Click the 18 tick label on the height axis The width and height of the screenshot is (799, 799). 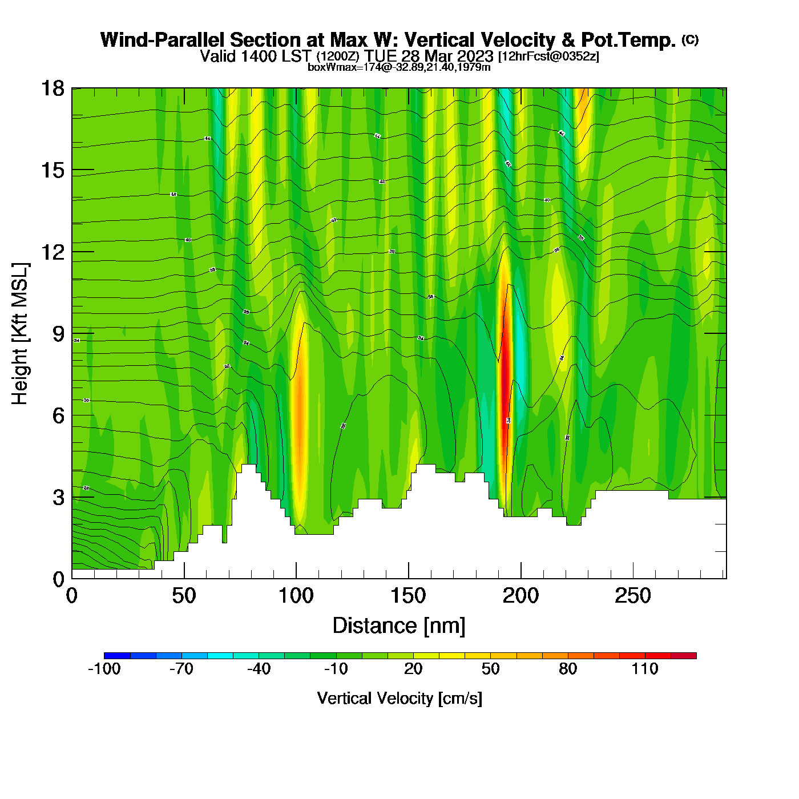tap(52, 88)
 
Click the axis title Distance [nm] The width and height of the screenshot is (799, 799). tap(399, 626)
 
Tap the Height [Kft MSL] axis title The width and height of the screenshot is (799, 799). tap(20, 334)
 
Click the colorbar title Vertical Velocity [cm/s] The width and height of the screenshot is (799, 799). tap(399, 698)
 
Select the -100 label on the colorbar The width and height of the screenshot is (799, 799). tap(104, 669)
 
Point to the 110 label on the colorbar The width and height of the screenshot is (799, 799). tap(645, 669)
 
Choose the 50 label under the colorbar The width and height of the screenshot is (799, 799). tap(490, 669)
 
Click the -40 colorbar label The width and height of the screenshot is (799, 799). tap(259, 669)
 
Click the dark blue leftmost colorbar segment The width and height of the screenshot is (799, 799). tap(117, 655)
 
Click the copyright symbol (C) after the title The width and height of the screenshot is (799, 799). tap(690, 39)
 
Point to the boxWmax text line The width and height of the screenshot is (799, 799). tap(399, 67)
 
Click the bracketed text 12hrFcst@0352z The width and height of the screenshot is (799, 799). tap(549, 57)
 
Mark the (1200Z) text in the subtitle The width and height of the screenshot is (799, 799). tap(338, 57)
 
